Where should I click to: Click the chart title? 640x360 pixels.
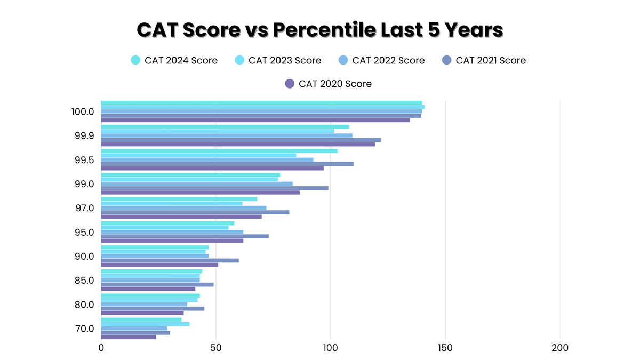(x=320, y=30)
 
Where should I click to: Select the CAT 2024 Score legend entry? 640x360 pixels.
(x=174, y=60)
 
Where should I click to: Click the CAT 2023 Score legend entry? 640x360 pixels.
(x=278, y=60)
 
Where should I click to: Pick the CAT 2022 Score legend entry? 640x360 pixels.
(x=382, y=60)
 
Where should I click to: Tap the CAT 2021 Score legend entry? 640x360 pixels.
(x=484, y=60)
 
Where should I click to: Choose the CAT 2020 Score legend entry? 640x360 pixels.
(x=329, y=84)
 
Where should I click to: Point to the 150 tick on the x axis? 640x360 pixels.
(x=445, y=348)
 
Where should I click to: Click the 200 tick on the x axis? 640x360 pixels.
(x=560, y=348)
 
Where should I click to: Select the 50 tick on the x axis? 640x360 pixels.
(x=215, y=348)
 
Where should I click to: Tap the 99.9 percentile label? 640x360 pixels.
(x=84, y=135)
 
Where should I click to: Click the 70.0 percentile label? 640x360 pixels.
(x=84, y=329)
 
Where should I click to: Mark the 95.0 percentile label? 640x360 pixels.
(x=84, y=232)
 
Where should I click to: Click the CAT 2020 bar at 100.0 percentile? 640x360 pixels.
(x=255, y=120)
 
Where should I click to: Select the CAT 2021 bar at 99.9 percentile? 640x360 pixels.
(x=241, y=140)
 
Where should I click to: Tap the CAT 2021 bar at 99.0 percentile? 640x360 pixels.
(x=214, y=188)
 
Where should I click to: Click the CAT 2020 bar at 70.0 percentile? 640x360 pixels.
(x=129, y=337)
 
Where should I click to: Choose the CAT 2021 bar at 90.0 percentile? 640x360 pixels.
(x=170, y=260)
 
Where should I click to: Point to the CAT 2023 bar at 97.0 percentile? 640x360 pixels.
(x=171, y=203)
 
